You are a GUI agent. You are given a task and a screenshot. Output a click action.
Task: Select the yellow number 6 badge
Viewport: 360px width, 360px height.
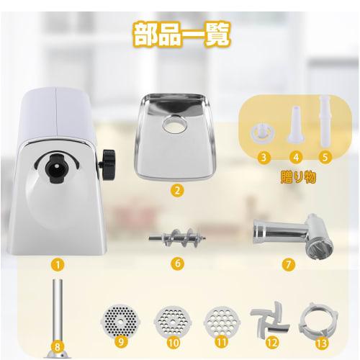(x=176, y=263)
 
